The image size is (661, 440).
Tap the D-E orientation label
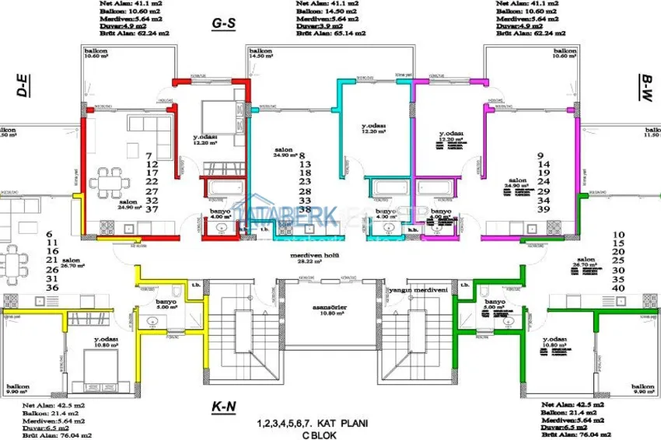point(23,86)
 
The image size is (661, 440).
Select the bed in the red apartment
point(219,117)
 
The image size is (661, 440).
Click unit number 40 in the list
point(620,288)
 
